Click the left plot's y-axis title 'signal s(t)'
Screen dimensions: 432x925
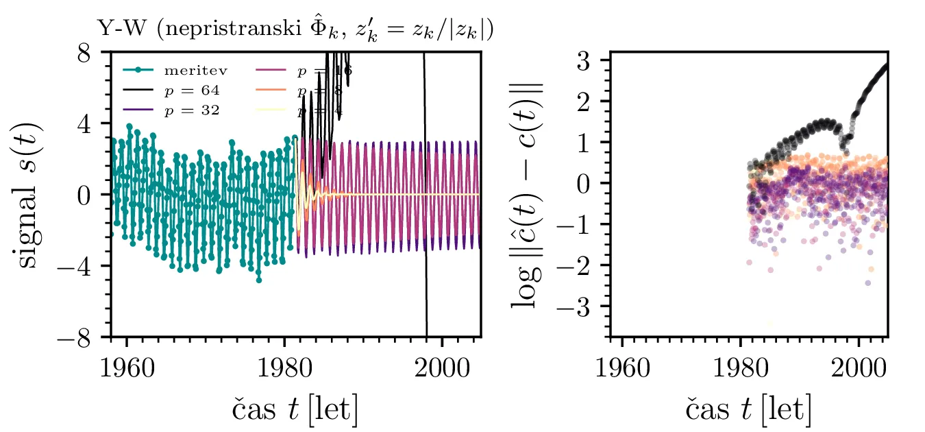pyautogui.click(x=27, y=194)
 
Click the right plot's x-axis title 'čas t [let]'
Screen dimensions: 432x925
pyautogui.click(x=748, y=409)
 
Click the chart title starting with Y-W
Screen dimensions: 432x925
pyautogui.click(x=295, y=30)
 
